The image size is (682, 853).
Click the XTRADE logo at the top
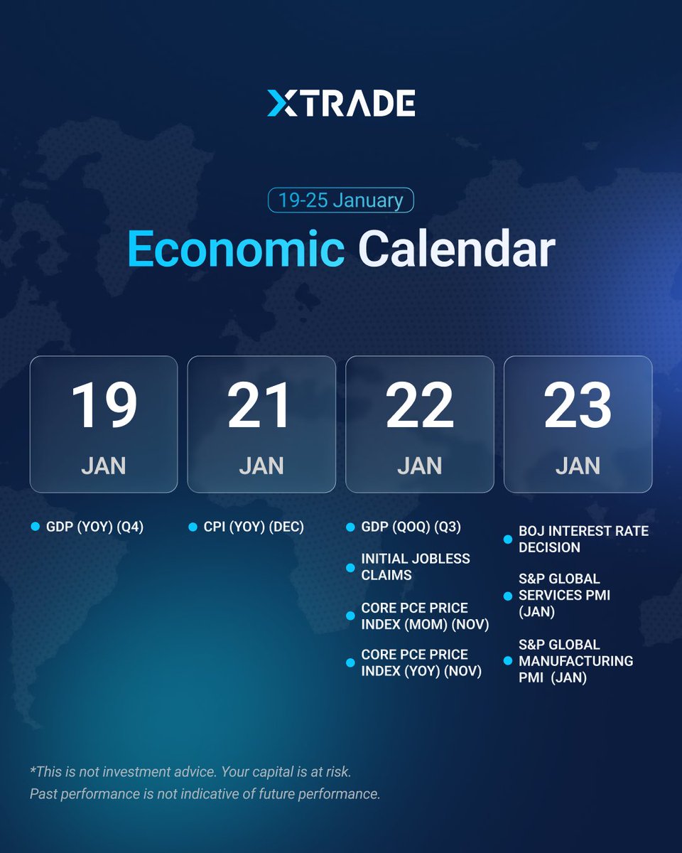pos(341,103)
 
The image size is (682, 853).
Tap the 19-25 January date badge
pos(340,200)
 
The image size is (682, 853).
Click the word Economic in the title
pos(236,250)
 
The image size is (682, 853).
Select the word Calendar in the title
pos(456,250)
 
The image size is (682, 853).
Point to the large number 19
pos(104,406)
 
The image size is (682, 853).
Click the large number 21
pos(261,406)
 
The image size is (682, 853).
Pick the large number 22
pos(419,406)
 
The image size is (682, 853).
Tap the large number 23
pos(578,406)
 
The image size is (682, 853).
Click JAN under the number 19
pos(104,466)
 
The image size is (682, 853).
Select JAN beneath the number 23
pos(578,466)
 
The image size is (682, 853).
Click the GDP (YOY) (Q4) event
pos(94,527)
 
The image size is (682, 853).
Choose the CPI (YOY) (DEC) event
pos(254,527)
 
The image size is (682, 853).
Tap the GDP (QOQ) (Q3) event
pos(411,527)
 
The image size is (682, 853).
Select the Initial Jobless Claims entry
pos(415,567)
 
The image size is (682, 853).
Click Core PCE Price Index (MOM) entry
pos(425,616)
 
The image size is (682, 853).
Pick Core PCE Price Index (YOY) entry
pos(421,662)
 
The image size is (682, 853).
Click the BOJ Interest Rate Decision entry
pos(583,540)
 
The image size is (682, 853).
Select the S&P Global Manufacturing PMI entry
pos(575,661)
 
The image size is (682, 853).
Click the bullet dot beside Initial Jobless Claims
pos(350,567)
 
